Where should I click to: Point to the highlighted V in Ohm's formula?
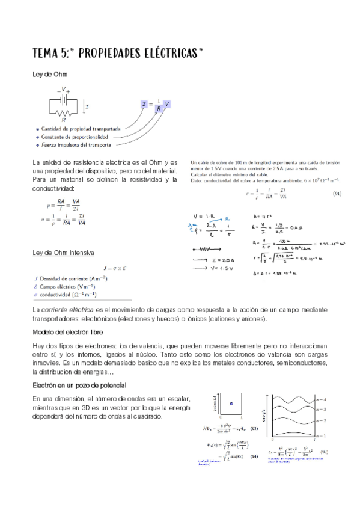pyautogui.click(x=167, y=105)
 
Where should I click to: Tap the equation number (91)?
pyautogui.click(x=337, y=194)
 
